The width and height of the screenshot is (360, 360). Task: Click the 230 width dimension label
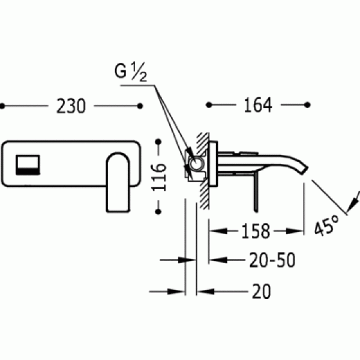(x=71, y=106)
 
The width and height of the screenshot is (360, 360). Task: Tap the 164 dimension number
(x=258, y=105)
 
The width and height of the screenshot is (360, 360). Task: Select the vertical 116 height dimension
(x=158, y=177)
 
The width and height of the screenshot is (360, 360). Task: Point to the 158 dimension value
(x=256, y=231)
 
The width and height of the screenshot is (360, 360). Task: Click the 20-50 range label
(x=272, y=260)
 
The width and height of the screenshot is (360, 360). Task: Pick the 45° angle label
(x=326, y=225)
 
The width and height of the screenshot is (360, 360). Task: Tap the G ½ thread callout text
(x=130, y=71)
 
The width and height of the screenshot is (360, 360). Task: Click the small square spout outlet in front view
(x=28, y=165)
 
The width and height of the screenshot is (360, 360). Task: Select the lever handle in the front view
(x=118, y=182)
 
